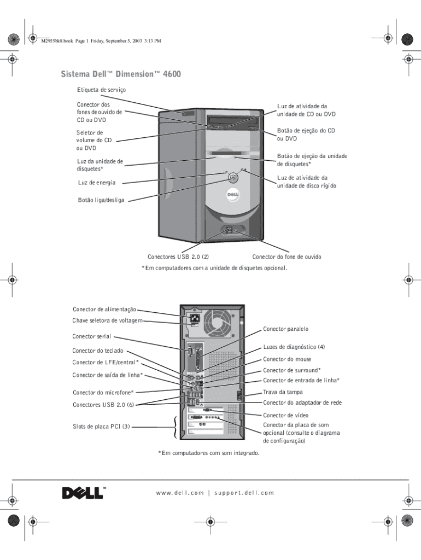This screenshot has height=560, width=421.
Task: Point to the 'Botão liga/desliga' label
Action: pyautogui.click(x=101, y=200)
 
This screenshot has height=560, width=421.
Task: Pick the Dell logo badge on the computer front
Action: pyautogui.click(x=230, y=194)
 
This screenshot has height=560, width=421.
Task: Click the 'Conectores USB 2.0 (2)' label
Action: pyautogui.click(x=178, y=256)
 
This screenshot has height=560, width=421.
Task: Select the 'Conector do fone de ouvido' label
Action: pyautogui.click(x=286, y=256)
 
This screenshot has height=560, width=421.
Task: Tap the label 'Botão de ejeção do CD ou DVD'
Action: pyautogui.click(x=306, y=135)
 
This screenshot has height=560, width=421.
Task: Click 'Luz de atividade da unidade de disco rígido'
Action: pyautogui.click(x=307, y=182)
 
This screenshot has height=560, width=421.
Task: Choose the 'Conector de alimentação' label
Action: pyautogui.click(x=104, y=310)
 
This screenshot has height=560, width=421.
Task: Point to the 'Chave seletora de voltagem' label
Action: pyautogui.click(x=108, y=320)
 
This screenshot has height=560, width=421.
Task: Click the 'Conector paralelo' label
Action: pyautogui.click(x=286, y=329)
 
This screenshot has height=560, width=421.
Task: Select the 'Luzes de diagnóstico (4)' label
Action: pyautogui.click(x=294, y=347)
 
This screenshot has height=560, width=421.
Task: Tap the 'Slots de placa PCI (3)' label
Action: pyautogui.click(x=101, y=427)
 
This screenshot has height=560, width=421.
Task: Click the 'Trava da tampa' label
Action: pyautogui.click(x=283, y=392)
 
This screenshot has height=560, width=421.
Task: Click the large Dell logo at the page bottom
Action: pyautogui.click(x=83, y=493)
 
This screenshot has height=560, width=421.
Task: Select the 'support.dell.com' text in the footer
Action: pyautogui.click(x=244, y=493)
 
